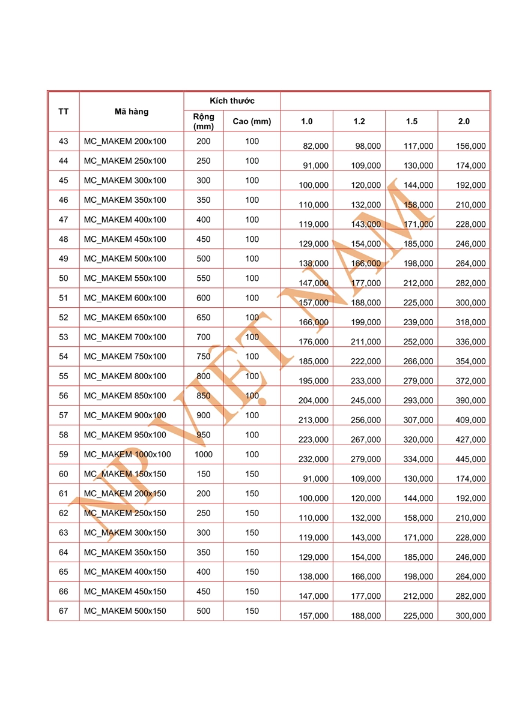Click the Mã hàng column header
click(131, 112)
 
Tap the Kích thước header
click(232, 101)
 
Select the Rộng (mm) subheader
click(204, 121)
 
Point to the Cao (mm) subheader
click(252, 121)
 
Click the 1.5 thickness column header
click(411, 121)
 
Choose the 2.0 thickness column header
click(464, 121)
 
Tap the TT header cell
click(63, 112)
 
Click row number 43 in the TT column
click(64, 142)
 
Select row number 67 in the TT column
click(64, 611)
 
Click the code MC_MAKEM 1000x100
click(127, 454)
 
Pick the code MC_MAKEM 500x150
click(125, 611)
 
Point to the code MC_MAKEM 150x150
click(125, 474)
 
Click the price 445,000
click(470, 459)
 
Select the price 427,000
click(470, 439)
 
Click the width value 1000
click(204, 454)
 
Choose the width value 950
click(204, 435)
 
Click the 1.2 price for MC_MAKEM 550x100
click(366, 283)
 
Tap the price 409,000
click(470, 420)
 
